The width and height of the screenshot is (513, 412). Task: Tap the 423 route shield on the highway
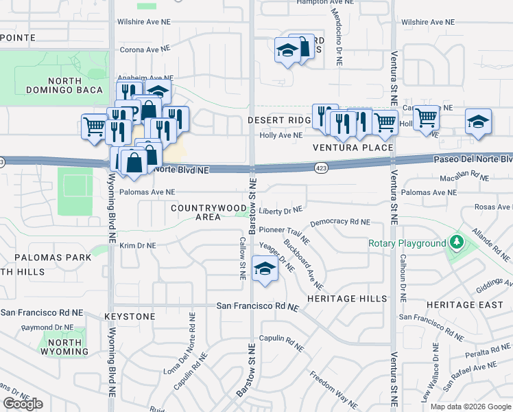pos(321,167)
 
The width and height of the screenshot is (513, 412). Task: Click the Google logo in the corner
pos(23,404)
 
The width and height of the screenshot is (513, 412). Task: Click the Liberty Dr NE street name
pos(281,209)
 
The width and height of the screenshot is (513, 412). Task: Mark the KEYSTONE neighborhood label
pos(130,317)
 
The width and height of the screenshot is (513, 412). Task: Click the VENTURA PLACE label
pos(353,148)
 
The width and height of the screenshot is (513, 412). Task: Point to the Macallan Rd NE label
pos(463,176)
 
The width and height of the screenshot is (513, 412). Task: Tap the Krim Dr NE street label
pos(138,245)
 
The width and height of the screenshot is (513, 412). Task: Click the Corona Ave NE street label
pos(144,49)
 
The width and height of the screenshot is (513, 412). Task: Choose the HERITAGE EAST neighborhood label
pos(460,304)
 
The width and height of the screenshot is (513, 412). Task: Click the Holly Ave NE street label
pos(281,135)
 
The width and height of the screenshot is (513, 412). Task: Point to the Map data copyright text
pos(470,407)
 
